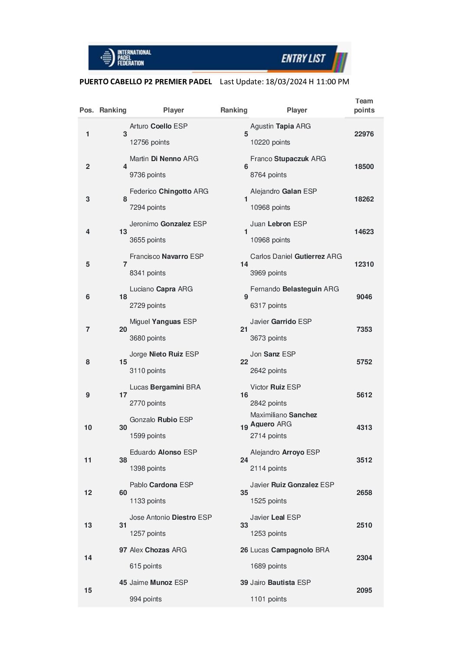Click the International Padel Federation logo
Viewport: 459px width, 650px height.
[x=126, y=58]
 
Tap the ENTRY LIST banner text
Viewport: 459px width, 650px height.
[x=303, y=59]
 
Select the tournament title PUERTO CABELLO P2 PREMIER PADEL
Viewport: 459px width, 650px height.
[x=145, y=82]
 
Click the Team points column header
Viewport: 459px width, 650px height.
[x=364, y=106]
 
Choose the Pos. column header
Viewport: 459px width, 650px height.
[x=86, y=110]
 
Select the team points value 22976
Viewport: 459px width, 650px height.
[x=364, y=134]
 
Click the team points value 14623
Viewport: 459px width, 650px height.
[x=364, y=232]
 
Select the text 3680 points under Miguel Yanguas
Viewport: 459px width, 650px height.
[x=148, y=338]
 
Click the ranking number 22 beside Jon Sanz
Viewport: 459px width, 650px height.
[x=244, y=362]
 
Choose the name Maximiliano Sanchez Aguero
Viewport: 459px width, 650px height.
[x=283, y=419]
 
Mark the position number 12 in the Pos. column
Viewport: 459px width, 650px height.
[x=88, y=493]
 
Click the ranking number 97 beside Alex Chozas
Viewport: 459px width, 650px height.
[x=123, y=550]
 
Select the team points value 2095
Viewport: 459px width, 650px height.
[x=364, y=591]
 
